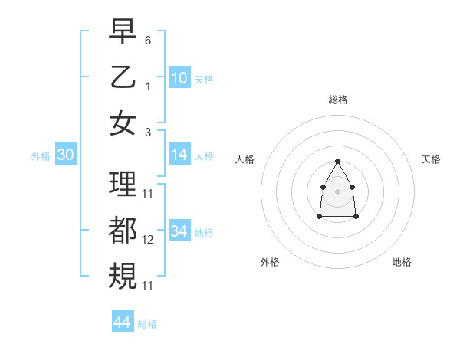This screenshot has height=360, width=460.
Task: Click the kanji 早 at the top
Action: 123,31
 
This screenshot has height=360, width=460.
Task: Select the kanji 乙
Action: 123,77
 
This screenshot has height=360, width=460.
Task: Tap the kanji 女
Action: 123,122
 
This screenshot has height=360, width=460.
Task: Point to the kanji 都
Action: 123,230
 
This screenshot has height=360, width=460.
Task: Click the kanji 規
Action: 123,275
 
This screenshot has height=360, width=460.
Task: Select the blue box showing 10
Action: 179,77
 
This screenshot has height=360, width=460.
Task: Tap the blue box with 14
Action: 179,155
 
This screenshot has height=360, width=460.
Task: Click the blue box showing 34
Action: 179,231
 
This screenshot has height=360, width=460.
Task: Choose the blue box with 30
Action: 65,155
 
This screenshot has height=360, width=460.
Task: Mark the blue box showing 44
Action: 122,322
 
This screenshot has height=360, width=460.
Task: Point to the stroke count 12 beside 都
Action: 148,240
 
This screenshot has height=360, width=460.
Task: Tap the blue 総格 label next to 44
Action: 147,324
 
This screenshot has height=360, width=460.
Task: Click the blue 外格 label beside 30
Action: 41,156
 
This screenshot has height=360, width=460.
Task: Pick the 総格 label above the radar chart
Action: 337,100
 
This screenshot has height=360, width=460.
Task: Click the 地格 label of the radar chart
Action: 402,262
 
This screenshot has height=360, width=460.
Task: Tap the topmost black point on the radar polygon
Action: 337,161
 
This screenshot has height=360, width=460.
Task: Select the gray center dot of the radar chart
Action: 337,191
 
